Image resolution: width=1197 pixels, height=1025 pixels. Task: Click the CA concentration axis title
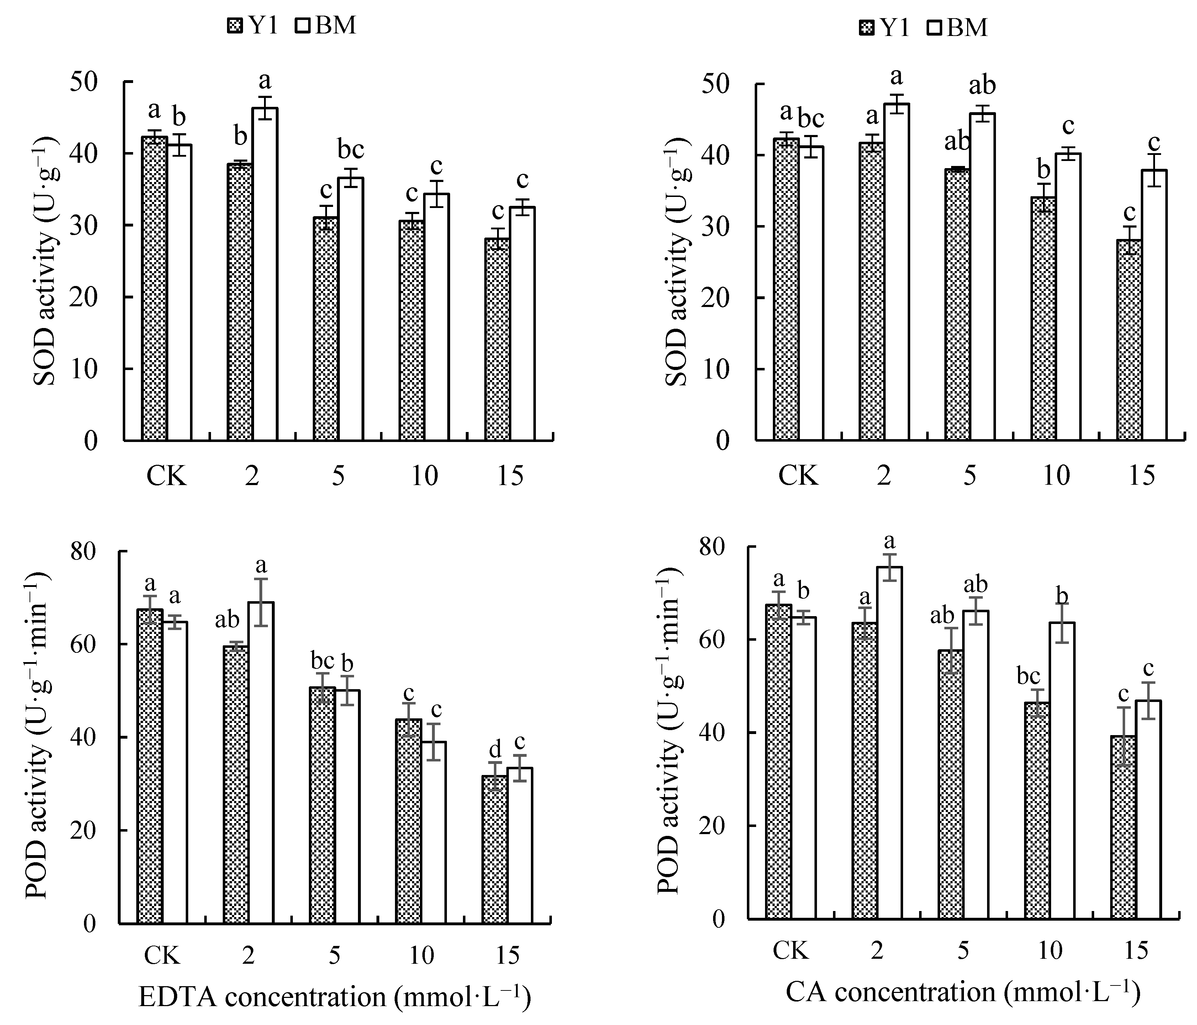[x=963, y=992]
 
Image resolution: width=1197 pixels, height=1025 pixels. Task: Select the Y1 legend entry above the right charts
[x=884, y=27]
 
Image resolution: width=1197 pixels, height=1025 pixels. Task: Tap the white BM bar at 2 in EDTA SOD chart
[x=265, y=275]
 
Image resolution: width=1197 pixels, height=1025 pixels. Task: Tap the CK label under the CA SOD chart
[x=798, y=476]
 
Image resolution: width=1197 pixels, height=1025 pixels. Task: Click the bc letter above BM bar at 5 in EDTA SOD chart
[x=350, y=150]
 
